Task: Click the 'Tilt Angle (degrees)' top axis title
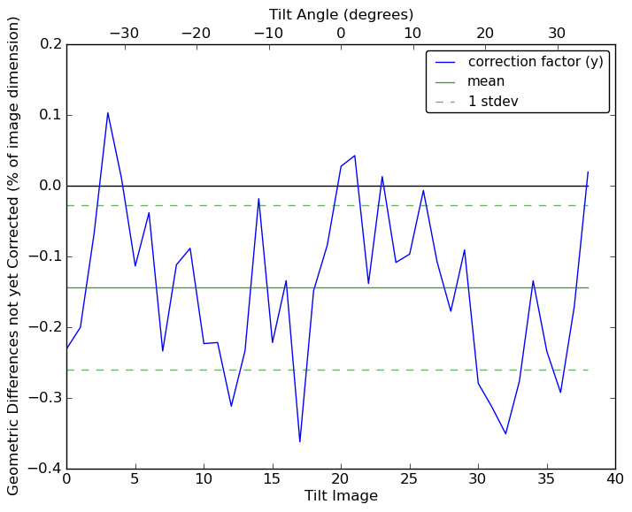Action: tap(341, 14)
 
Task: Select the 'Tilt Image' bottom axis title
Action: tap(341, 496)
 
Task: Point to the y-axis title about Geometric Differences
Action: tap(14, 256)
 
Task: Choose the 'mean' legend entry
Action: tap(486, 81)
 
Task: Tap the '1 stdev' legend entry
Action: tap(493, 102)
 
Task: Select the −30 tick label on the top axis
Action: tap(124, 34)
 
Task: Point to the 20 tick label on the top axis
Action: tap(485, 34)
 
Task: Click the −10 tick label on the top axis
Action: tap(268, 34)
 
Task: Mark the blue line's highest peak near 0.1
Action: tap(108, 112)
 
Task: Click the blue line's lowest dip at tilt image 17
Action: tap(299, 441)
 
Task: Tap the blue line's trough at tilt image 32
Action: tap(505, 433)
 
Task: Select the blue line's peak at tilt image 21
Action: tap(354, 156)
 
